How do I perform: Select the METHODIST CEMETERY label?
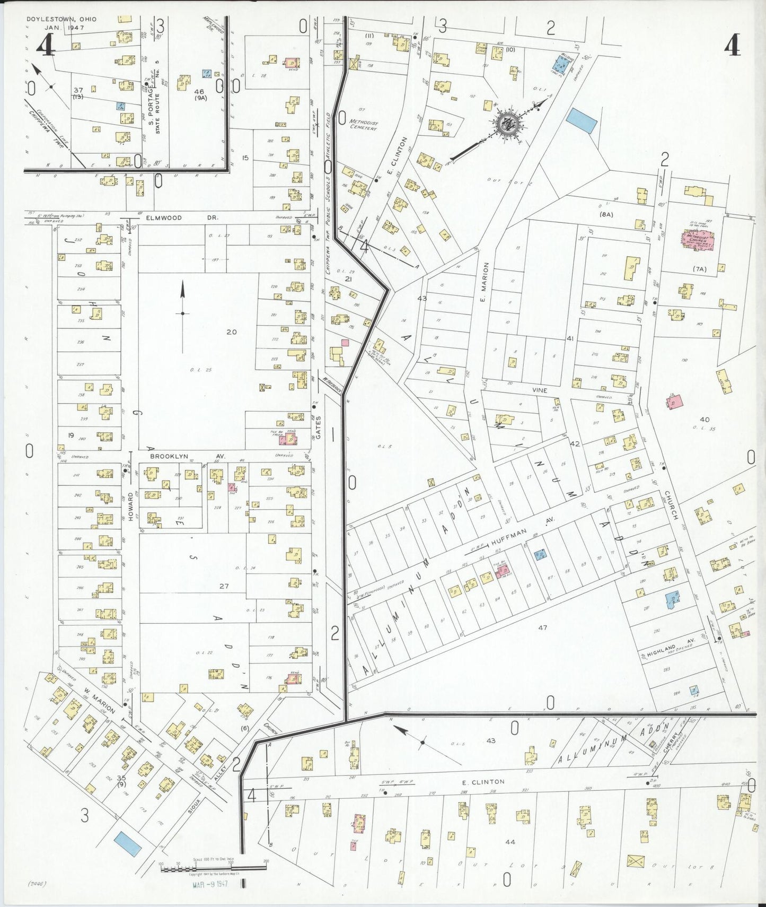pos(363,125)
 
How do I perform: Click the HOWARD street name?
pos(130,506)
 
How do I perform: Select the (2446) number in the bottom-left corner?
pos(36,884)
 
